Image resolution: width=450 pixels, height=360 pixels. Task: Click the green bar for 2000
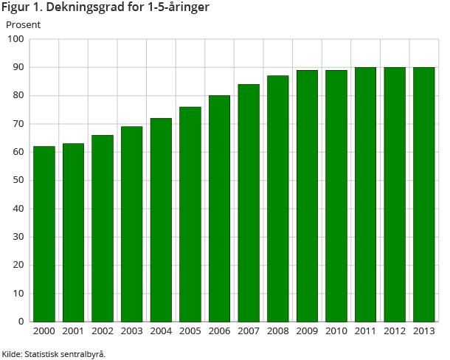pos(44,234)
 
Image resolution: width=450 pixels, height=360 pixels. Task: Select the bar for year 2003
pos(132,224)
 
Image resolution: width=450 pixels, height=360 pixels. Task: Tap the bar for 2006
pos(220,208)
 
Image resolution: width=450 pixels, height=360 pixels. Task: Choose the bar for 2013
pos(424,194)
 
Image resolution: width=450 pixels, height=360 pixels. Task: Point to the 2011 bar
pos(366,194)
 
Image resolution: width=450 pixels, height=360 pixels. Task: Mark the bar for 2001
pos(73,232)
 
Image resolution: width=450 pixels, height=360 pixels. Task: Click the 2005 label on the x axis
pos(190,331)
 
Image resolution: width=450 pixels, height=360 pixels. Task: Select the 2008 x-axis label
pos(278,331)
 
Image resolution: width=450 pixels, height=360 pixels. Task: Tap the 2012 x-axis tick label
pos(395,331)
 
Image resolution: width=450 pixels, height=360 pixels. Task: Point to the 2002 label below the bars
pos(103,331)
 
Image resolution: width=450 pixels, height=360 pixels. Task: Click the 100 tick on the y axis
pos(15,39)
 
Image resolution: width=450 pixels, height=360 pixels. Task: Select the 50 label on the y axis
pos(18,180)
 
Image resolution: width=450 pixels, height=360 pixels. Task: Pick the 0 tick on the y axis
pos(21,322)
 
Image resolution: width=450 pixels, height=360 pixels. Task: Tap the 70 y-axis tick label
pos(18,124)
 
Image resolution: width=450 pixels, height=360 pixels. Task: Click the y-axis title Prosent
pos(23,24)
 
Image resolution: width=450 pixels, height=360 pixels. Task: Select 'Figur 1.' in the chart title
pos(21,8)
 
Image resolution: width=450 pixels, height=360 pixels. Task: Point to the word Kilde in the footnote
pos(11,354)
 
